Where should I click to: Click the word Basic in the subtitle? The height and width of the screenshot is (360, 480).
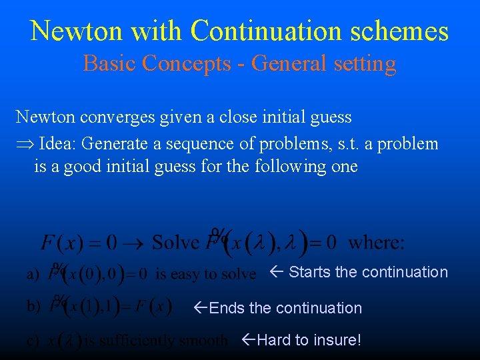pos(109,63)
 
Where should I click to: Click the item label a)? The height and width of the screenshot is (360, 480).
pos(32,274)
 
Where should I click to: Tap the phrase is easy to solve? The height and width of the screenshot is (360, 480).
pos(205,274)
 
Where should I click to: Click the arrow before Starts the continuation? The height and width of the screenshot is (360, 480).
pos(278,272)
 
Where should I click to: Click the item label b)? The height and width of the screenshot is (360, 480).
pos(32,307)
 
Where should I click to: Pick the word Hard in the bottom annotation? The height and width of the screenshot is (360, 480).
pos(273,340)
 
